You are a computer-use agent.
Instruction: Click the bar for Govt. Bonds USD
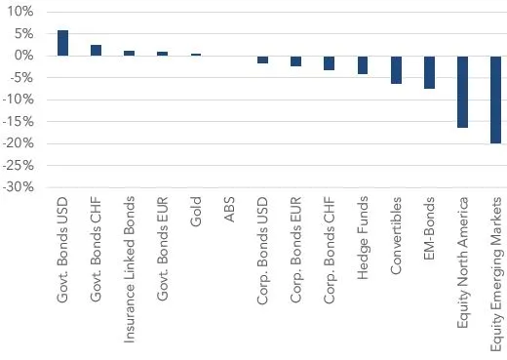coord(63,43)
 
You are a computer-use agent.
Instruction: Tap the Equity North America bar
coord(462,92)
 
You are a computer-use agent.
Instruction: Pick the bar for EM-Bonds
coord(429,72)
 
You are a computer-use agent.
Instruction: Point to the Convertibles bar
coord(396,69)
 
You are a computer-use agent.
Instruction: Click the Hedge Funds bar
coord(363,65)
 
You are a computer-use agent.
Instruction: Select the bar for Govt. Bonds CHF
coord(97,50)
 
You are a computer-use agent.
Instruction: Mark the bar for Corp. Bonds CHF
coord(330,63)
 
